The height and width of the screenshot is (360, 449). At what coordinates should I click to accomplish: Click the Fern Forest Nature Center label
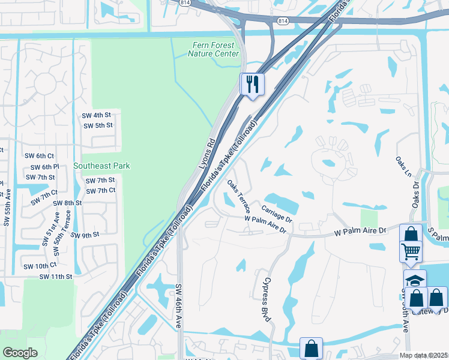coord(213,49)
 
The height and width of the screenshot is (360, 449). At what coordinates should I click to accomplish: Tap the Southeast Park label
coord(101,166)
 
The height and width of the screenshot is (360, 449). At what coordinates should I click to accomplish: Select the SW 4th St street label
coord(97,115)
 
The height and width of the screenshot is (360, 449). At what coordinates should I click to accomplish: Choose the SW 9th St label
coord(85,235)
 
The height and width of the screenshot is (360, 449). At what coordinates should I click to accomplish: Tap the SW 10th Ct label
coord(40,265)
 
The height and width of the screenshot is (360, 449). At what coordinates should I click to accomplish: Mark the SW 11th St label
coord(55,277)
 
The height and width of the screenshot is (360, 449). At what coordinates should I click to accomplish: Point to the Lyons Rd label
coord(206,154)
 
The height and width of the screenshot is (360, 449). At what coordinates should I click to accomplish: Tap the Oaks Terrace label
coord(238,196)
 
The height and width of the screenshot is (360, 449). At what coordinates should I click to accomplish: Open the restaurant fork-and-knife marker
coord(252,83)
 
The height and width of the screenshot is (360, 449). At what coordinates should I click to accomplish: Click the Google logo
coord(20,353)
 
